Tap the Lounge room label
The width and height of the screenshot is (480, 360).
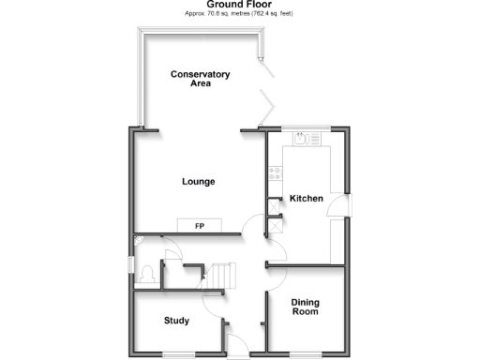click(x=199, y=181)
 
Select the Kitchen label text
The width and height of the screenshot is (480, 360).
click(x=307, y=199)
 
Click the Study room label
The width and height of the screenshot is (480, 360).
click(x=176, y=321)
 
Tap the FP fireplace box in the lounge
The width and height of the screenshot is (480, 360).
click(x=200, y=226)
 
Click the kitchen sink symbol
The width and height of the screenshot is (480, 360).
click(x=302, y=141)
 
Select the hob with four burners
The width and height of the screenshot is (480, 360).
click(x=275, y=172)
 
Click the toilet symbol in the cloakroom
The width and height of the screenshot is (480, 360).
click(x=145, y=274)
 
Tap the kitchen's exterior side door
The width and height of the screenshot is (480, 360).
click(x=348, y=208)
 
